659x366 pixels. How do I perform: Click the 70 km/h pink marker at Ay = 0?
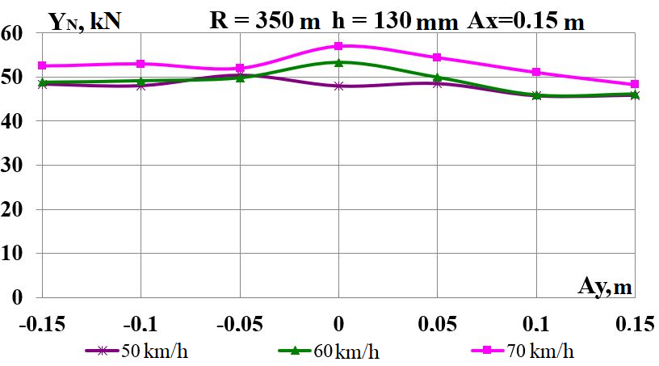pos(339,46)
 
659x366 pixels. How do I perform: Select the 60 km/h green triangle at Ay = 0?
pos(339,62)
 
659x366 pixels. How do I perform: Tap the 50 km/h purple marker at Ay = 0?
pos(339,86)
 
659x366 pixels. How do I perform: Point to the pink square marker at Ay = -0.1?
pos(141,64)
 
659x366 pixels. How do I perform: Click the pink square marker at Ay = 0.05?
pos(438,57)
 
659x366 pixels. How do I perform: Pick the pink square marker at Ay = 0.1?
pos(537,73)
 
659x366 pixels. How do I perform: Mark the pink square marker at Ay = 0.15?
pos(636,84)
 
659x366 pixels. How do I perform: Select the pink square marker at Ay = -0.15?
pos(43,65)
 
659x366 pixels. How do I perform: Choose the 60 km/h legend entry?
pos(327,351)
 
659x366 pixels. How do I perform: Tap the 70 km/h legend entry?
pos(521,351)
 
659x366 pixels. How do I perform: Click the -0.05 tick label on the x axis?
pos(240,325)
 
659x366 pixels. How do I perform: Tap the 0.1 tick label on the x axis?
pos(536,325)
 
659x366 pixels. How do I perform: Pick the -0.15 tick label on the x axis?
pos(42,325)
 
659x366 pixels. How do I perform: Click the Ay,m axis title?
pos(604,284)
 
